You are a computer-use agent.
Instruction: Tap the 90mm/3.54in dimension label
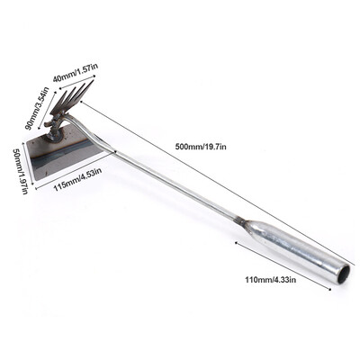tap(37, 108)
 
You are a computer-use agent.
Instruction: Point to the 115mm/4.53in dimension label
tap(77, 179)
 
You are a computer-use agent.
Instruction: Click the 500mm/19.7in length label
tap(201, 147)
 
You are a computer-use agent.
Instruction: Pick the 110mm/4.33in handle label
tap(271, 280)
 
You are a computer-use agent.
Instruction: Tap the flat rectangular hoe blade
tap(66, 150)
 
